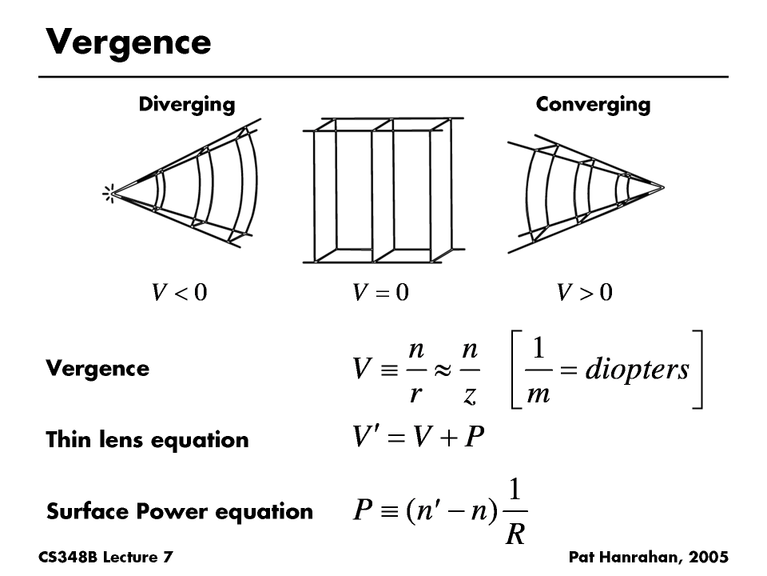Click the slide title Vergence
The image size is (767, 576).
[129, 42]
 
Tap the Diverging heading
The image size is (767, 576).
[187, 104]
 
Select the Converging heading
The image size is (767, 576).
[593, 104]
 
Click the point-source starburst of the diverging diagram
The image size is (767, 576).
[108, 192]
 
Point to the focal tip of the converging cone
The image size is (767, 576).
[660, 188]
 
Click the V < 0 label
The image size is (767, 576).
[180, 293]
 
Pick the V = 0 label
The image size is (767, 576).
[380, 293]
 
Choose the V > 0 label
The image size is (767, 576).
[585, 293]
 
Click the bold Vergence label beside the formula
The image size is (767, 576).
[97, 369]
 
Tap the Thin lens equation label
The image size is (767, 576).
[147, 440]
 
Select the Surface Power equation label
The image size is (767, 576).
[180, 511]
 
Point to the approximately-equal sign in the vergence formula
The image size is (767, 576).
[442, 369]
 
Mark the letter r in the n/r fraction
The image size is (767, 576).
[415, 394]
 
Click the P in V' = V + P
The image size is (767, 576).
[474, 438]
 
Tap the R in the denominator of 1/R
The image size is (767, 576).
[515, 534]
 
